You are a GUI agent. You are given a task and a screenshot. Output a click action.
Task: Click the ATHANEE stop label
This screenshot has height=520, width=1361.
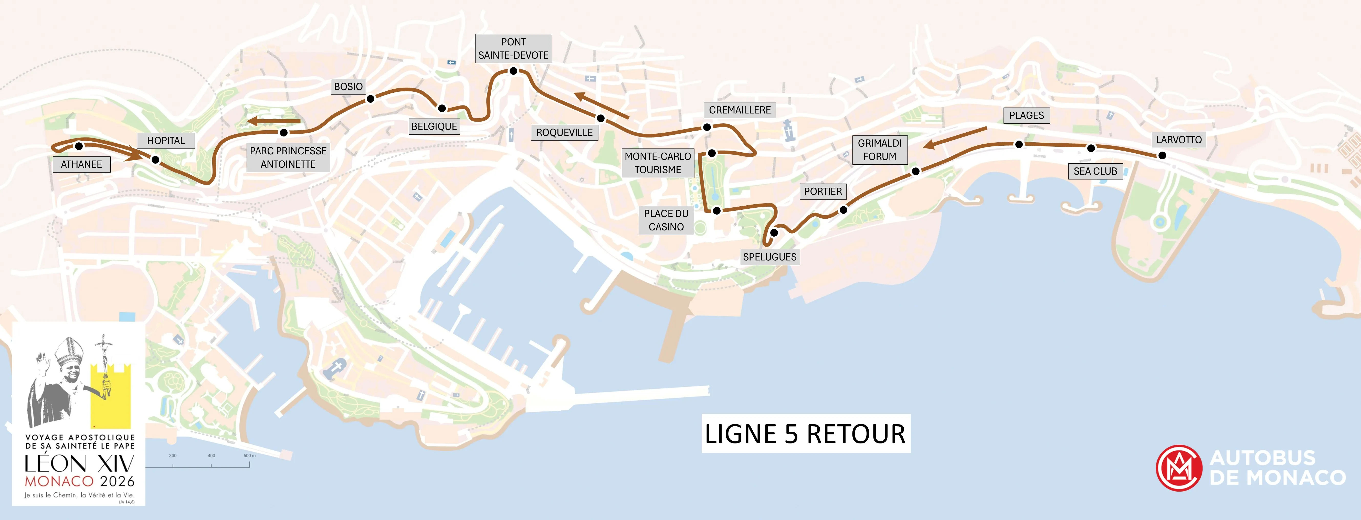coord(81,164)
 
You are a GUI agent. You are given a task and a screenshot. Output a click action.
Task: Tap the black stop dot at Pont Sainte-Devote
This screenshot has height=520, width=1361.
coord(513,71)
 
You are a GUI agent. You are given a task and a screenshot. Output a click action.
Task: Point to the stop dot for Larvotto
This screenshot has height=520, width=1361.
coord(1162,155)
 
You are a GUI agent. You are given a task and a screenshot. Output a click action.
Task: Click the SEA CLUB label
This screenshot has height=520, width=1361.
coord(1095,171)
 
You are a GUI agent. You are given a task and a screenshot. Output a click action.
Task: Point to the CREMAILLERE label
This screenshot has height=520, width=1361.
coord(740,110)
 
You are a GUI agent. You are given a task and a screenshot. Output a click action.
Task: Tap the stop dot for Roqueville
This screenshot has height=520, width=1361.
coord(600,118)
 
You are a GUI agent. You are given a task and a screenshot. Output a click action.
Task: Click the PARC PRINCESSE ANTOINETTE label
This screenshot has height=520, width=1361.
coord(288,157)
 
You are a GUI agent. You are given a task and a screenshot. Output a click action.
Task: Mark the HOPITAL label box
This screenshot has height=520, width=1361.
coord(166,141)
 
